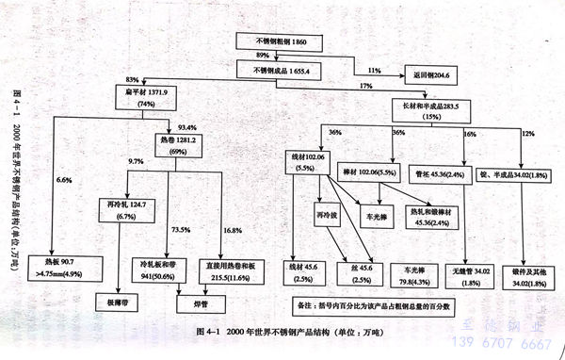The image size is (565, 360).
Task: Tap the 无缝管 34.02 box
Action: coord(463,275)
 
